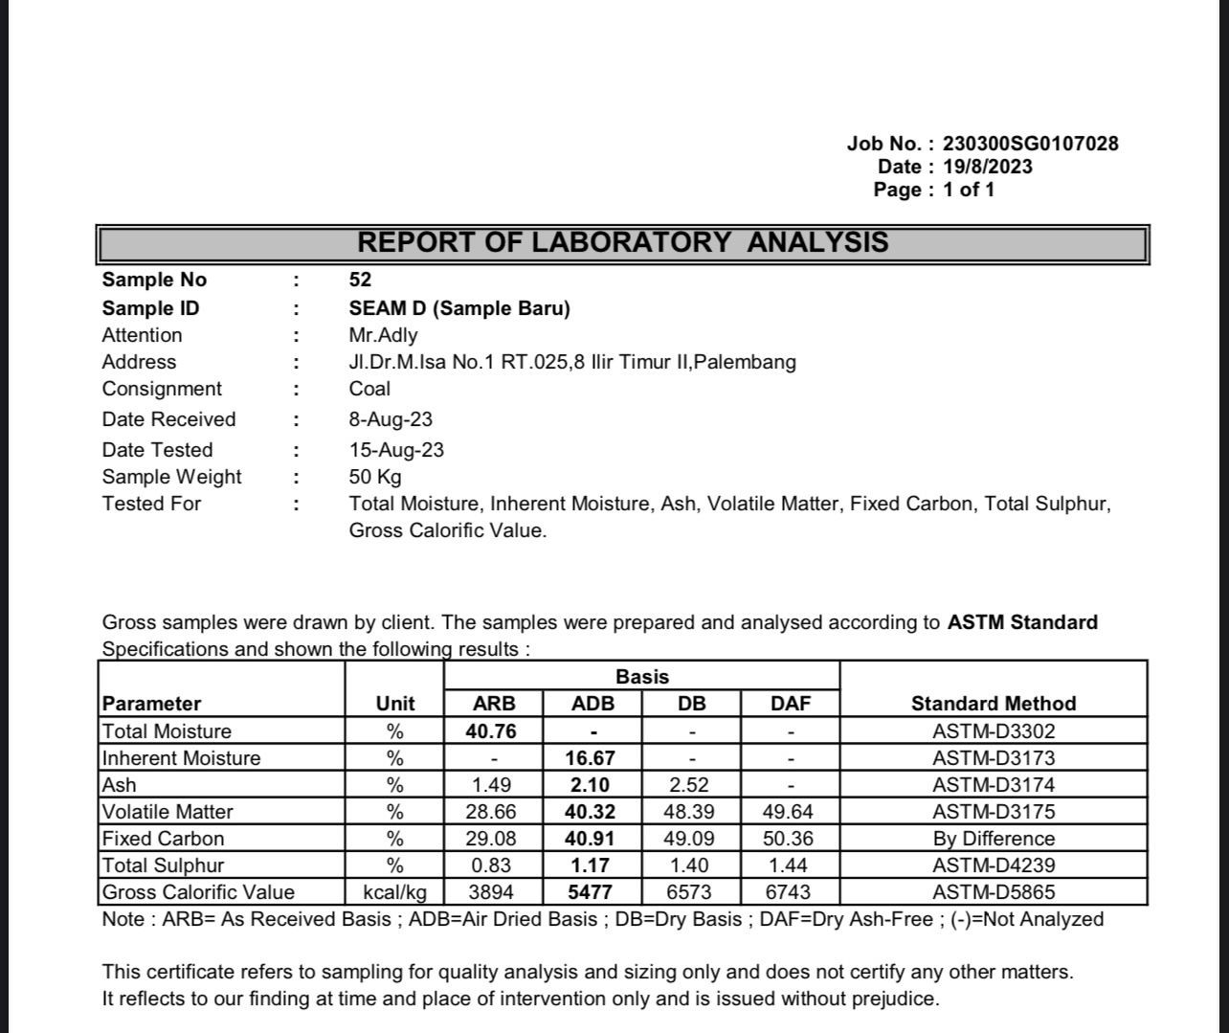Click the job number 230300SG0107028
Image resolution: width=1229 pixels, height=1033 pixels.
(1030, 144)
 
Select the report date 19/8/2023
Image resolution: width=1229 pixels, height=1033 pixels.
(987, 167)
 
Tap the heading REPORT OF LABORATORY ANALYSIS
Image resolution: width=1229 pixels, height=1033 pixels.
(623, 242)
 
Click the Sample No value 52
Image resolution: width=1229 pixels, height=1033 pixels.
(360, 280)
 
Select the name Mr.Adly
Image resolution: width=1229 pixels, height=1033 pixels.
(383, 335)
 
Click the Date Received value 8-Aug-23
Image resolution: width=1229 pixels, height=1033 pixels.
(391, 419)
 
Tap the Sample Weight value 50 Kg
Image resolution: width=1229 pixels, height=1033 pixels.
(375, 477)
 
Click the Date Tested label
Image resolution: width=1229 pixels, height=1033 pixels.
(158, 450)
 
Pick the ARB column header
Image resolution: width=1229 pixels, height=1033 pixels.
(494, 704)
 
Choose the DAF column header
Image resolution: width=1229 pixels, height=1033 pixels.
(791, 704)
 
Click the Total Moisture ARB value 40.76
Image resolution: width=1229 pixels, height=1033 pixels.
(494, 731)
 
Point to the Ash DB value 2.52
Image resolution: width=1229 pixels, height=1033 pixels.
(691, 785)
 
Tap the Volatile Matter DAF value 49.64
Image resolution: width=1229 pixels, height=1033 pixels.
(791, 812)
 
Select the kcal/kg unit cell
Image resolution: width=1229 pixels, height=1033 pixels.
(395, 892)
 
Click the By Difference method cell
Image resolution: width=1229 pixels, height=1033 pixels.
(994, 839)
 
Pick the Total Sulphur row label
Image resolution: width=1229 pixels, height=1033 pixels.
(163, 865)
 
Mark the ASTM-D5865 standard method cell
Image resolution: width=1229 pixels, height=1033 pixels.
(994, 892)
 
